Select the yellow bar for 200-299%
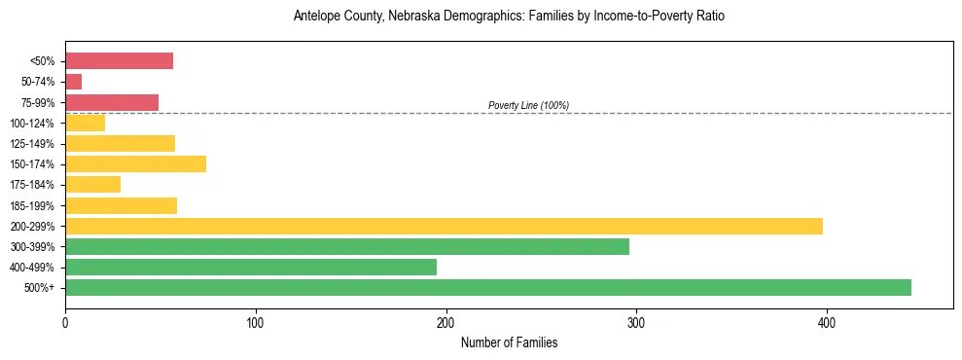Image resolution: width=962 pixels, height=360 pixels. (x=444, y=226)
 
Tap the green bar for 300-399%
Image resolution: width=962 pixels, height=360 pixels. (x=347, y=246)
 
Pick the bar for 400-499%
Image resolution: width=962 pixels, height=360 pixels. (x=251, y=267)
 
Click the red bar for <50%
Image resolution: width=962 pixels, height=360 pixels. (x=119, y=61)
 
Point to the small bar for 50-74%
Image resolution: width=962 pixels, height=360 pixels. (x=74, y=82)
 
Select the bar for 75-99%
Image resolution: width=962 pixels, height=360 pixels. (x=112, y=102)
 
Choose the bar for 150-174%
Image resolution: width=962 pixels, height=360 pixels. (x=135, y=163)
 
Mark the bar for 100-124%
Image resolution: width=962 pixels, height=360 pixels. (x=86, y=123)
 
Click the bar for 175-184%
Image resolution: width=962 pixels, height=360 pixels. (x=93, y=184)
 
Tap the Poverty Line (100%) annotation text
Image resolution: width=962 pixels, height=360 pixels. (x=528, y=105)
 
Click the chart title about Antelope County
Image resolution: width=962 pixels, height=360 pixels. (x=509, y=17)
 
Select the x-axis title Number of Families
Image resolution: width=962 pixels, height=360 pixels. (x=509, y=342)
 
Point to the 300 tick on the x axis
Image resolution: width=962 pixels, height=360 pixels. (x=636, y=323)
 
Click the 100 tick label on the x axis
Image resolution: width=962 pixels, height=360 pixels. (x=256, y=323)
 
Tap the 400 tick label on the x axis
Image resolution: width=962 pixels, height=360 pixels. (x=827, y=323)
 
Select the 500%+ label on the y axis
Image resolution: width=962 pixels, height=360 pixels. (x=41, y=288)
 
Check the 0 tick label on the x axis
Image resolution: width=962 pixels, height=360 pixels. (x=65, y=323)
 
